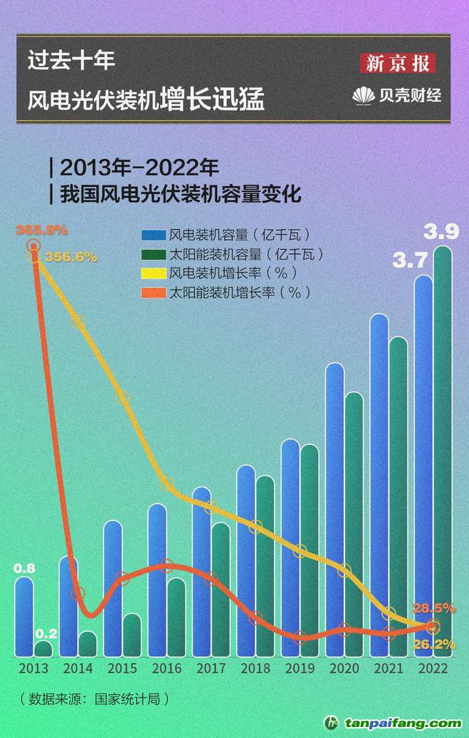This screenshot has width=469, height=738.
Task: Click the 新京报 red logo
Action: [x=398, y=64]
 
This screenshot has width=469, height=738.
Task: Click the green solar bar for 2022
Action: [x=443, y=454]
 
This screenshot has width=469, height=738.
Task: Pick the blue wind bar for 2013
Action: [x=24, y=616]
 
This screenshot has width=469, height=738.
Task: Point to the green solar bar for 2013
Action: [x=43, y=649]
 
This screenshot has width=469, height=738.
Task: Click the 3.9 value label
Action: [x=442, y=233]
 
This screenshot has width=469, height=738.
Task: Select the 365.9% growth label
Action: [x=42, y=229]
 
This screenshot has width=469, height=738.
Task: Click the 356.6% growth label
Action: [x=71, y=257]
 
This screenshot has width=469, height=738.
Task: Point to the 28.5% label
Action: [x=435, y=608]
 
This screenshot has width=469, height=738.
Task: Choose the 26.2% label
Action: [x=435, y=644]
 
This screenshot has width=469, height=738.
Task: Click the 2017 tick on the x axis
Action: [x=211, y=669]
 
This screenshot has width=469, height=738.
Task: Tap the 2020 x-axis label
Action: [x=344, y=669]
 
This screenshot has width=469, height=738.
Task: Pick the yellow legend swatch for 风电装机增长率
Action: [x=153, y=273]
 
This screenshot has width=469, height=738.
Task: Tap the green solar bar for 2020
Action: [x=354, y=524]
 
